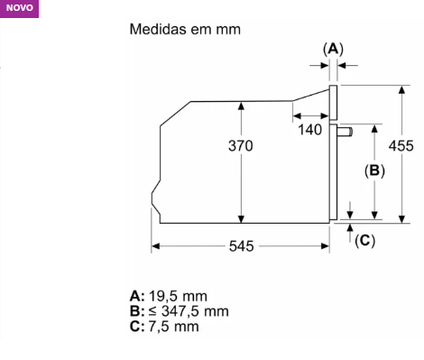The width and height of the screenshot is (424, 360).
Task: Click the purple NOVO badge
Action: click(x=19, y=8)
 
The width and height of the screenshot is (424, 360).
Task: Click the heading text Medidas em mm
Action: click(x=185, y=30)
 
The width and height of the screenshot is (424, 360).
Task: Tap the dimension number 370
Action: click(x=241, y=146)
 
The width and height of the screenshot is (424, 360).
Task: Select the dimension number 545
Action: click(x=242, y=246)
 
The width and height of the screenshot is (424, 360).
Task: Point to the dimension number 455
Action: click(x=401, y=146)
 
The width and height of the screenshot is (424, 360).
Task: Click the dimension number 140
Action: click(x=310, y=130)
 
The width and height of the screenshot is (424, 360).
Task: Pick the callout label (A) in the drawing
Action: click(x=333, y=49)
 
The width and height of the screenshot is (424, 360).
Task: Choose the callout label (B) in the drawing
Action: click(x=374, y=171)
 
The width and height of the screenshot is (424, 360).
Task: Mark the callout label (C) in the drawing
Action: click(x=364, y=241)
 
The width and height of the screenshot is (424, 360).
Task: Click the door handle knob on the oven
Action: click(x=345, y=132)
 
